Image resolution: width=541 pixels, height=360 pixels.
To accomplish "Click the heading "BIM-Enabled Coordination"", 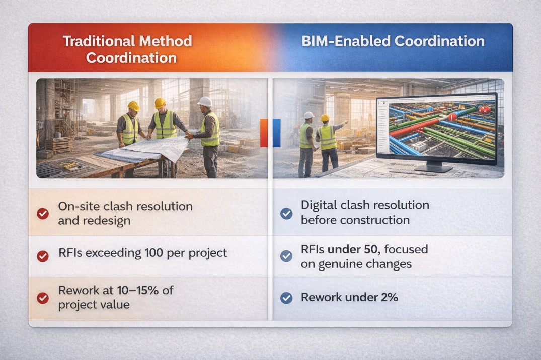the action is (393, 41).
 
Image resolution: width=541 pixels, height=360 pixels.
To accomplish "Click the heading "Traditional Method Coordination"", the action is (127, 49).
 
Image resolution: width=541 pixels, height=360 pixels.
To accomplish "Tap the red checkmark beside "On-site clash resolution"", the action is (43, 214).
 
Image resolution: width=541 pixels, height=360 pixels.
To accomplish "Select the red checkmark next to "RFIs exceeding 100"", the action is (43, 256).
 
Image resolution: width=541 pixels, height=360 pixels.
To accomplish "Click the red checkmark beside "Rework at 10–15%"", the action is (43, 298).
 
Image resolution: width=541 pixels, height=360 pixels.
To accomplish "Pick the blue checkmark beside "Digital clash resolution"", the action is (286, 214).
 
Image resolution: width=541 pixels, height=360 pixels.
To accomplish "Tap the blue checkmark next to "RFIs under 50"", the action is (286, 256).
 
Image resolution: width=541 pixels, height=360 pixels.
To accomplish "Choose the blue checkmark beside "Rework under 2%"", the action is (286, 298).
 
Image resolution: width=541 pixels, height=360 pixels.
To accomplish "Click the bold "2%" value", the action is (390, 297).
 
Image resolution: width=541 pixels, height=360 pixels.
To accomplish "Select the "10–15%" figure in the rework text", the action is (138, 290).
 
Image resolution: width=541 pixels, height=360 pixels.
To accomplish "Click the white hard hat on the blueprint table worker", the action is (205, 102).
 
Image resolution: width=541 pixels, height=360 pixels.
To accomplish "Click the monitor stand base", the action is (433, 168).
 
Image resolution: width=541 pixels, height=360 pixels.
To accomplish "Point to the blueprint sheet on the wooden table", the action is (145, 149).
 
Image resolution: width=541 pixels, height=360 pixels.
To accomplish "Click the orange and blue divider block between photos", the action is (270, 133).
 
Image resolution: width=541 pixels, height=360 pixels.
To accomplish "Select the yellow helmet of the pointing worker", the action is (325, 118).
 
